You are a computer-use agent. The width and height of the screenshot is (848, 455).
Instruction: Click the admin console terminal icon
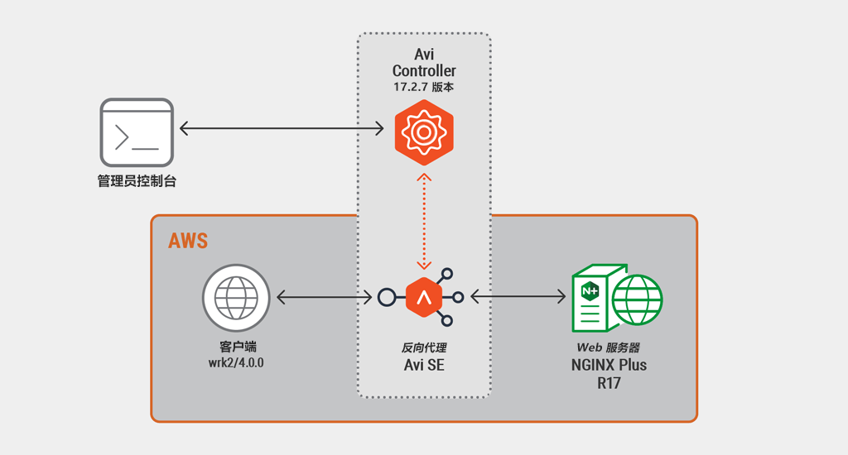tap(137, 132)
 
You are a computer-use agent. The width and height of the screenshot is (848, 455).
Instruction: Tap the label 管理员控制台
tap(137, 181)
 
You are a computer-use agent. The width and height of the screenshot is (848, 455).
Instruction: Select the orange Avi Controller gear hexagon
tap(424, 132)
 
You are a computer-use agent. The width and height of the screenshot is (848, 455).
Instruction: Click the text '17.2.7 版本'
tap(423, 87)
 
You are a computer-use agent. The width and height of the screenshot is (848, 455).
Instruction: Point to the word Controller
tap(424, 71)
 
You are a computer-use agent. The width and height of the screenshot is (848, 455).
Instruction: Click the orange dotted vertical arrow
tap(424, 221)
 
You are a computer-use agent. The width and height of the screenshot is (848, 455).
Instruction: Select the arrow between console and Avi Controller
tap(282, 128)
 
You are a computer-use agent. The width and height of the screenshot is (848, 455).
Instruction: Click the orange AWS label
tap(188, 241)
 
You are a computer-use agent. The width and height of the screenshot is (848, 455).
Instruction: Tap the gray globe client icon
tap(236, 298)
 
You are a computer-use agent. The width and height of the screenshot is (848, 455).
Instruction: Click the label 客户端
tap(237, 347)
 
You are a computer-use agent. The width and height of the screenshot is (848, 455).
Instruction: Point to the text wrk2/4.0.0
tap(236, 362)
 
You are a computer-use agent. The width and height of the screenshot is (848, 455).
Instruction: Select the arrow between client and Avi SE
tap(325, 297)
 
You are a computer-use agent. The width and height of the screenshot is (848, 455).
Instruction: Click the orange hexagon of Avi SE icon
tap(424, 297)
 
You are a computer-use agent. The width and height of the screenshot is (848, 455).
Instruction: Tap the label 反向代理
tap(424, 347)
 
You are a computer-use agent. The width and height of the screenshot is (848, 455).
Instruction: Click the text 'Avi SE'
tap(424, 366)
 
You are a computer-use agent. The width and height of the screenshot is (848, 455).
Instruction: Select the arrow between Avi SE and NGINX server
tap(518, 296)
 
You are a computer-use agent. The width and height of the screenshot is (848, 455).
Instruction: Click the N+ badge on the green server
tap(590, 291)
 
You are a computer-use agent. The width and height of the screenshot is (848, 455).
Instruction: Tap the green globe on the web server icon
tap(637, 300)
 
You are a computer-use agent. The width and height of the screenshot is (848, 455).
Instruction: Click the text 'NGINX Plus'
tap(609, 366)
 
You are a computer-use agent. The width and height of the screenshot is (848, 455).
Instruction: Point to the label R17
tap(609, 384)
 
